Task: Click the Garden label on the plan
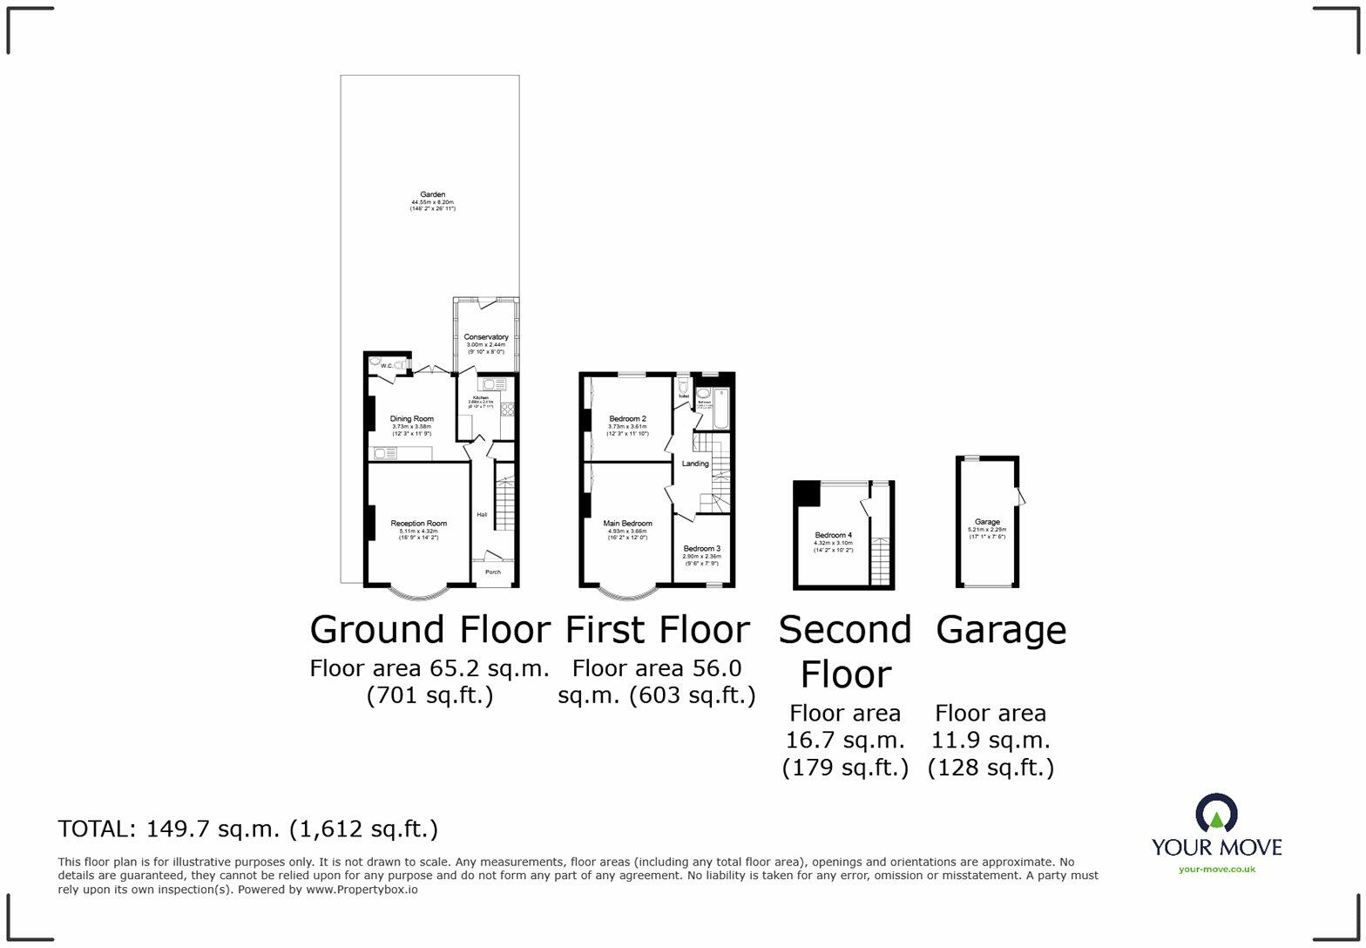coord(432,194)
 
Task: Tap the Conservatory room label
coord(486,337)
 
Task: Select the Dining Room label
coord(411,419)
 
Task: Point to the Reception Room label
coord(418,524)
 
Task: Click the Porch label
coord(492,572)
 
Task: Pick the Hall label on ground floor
coord(482,515)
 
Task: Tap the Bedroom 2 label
coord(627,419)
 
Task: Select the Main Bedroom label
coord(627,524)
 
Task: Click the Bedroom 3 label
coord(701,549)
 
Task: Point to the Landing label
coord(694,464)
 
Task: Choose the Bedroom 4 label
coord(833,535)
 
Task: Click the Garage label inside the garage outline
coord(987,522)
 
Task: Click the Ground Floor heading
coord(429,629)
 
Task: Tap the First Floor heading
coord(657,629)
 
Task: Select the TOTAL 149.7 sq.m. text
coord(247,829)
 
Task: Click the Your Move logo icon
coord(1216,814)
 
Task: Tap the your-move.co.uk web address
coord(1216,869)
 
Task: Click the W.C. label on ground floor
coord(386,366)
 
